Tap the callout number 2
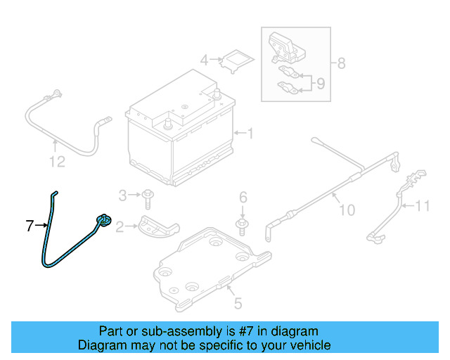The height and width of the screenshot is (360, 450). pos(120,226)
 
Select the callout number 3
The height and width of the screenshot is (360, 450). pos(122,195)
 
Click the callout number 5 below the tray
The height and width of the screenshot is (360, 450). pos(238,304)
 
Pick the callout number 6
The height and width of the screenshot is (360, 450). pos(243,196)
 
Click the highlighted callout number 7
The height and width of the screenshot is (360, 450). pos(30,226)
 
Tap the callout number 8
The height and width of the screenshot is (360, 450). pos(341,64)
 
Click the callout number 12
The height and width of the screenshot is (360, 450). pos(57,162)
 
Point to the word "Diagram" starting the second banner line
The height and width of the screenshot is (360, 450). pos(100,345)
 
